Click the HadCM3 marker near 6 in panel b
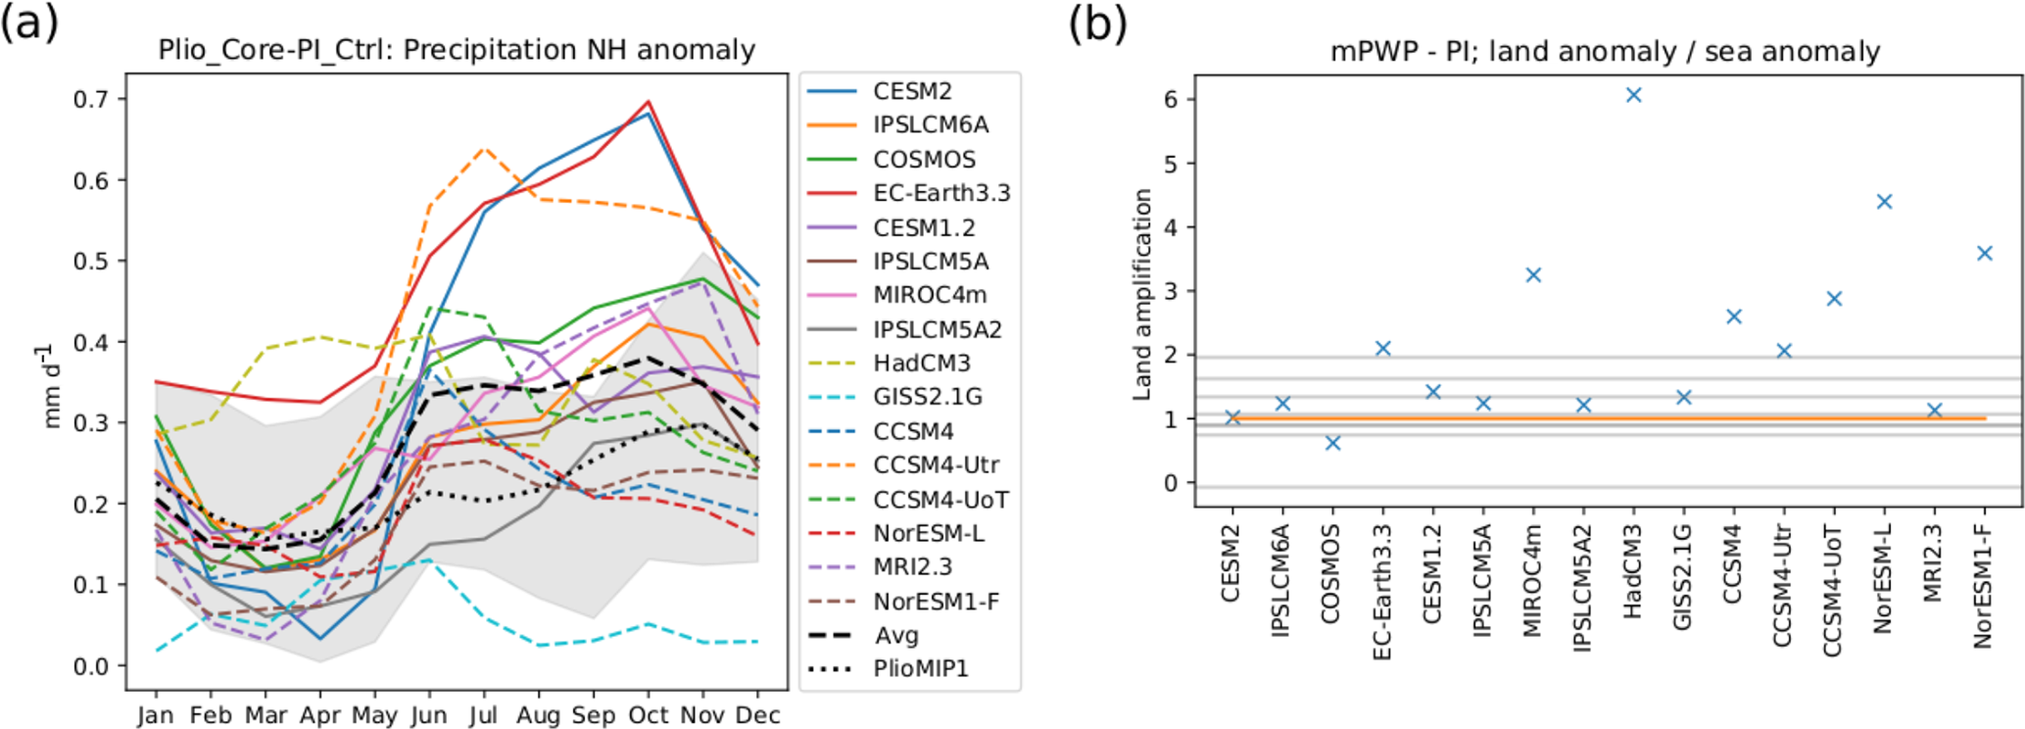(1633, 95)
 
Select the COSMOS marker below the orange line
(1332, 443)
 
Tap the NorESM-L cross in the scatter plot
(1883, 202)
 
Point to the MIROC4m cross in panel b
(1533, 275)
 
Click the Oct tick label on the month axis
(648, 715)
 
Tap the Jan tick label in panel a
(155, 715)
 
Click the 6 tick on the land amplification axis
(1172, 99)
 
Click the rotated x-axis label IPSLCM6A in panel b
(1281, 582)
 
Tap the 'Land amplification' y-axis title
(1142, 294)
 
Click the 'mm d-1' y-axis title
(51, 384)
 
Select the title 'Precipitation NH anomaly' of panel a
(457, 50)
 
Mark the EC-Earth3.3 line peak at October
(649, 102)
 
